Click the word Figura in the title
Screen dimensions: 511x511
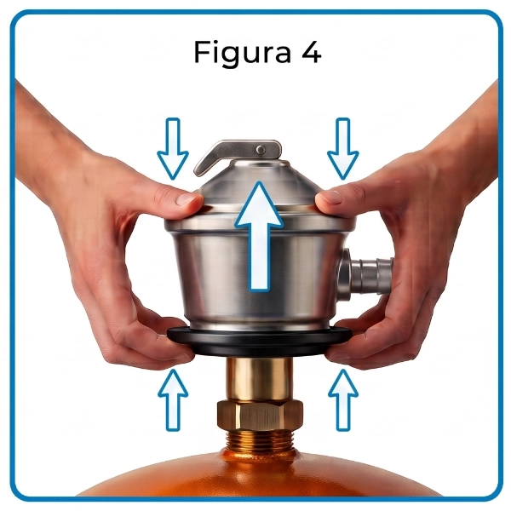click(243, 53)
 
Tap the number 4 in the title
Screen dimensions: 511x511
click(311, 51)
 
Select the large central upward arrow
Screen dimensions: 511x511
click(259, 236)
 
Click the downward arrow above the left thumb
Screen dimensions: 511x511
click(173, 148)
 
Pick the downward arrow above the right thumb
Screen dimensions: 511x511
click(343, 148)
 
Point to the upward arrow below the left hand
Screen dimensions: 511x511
click(173, 399)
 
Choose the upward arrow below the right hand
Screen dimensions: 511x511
click(343, 399)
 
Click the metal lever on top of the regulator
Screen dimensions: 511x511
click(237, 154)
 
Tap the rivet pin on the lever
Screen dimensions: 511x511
click(261, 150)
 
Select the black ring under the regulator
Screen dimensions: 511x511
click(260, 342)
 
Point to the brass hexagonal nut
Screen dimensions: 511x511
click(260, 416)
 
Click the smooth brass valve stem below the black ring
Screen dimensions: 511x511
click(260, 379)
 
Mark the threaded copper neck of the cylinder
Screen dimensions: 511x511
click(260, 440)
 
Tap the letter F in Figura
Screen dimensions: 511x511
click(201, 51)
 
